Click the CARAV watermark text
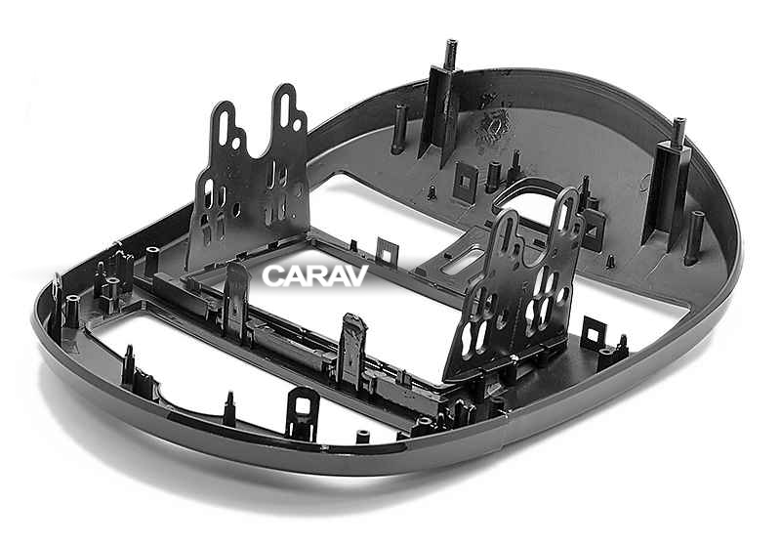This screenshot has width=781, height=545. coord(314,275)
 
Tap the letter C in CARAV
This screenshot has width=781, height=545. coord(273,275)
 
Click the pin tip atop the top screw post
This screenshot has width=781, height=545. coord(451,47)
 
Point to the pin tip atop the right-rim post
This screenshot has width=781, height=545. coord(679,125)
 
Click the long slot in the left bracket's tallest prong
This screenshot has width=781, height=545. coord(286,110)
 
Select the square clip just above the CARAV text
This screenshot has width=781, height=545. coord(388,252)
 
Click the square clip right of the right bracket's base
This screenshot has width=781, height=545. coord(593,334)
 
